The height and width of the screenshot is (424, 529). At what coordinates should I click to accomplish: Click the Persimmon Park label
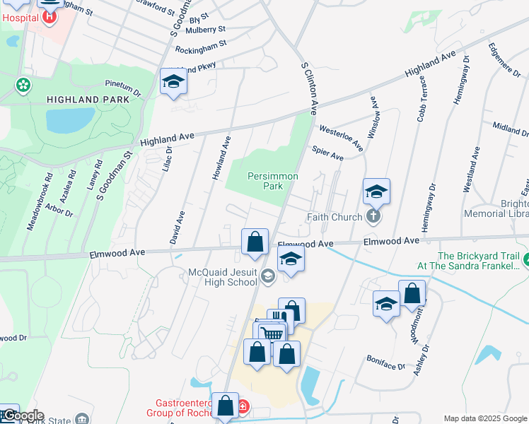272,181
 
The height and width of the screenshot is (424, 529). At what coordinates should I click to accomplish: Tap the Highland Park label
88,100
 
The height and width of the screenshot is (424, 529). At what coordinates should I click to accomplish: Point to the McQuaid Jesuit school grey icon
267,276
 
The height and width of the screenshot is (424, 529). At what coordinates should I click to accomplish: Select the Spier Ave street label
327,153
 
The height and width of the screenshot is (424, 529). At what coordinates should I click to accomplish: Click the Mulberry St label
205,30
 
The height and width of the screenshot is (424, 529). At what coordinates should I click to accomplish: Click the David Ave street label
178,227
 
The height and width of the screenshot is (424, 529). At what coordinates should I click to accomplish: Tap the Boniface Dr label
386,363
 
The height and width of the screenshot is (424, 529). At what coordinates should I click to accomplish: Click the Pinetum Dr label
123,88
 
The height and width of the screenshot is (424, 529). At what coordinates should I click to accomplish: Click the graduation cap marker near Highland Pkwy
173,83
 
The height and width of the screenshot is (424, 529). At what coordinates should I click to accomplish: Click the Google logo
23,416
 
